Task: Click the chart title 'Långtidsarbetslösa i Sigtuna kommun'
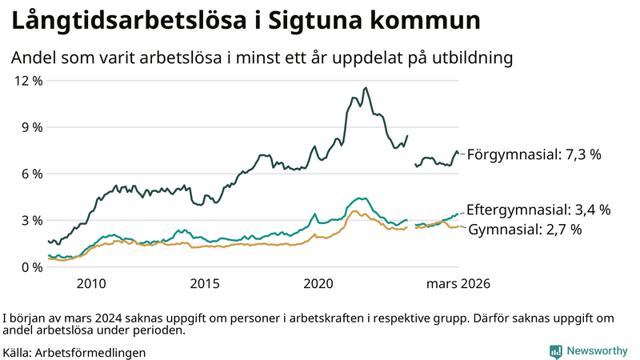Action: [x=246, y=22]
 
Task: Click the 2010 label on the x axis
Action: [x=91, y=284]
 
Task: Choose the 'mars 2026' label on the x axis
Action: [x=458, y=284]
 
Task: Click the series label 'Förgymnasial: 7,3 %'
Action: [x=534, y=154]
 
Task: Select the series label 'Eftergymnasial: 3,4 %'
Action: [x=538, y=210]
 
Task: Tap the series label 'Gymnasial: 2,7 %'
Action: [x=524, y=230]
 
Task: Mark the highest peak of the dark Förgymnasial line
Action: [x=366, y=88]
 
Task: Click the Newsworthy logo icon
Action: [x=555, y=351]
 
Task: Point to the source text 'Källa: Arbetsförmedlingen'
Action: [x=74, y=352]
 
